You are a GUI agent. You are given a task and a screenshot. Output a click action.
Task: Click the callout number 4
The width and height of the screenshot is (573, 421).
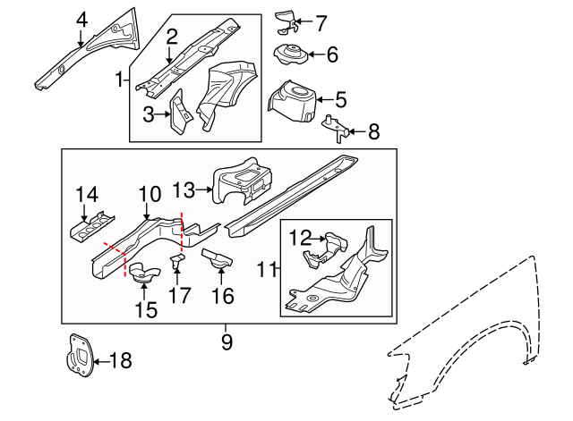[81, 18]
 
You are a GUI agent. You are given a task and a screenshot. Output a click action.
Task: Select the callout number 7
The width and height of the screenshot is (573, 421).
[322, 21]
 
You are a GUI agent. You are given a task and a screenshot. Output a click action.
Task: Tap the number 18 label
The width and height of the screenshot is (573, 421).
[119, 361]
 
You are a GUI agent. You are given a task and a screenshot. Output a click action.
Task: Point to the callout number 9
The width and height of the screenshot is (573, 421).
[226, 341]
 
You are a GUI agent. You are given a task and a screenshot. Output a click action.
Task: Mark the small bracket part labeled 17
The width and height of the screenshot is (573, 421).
[177, 263]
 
